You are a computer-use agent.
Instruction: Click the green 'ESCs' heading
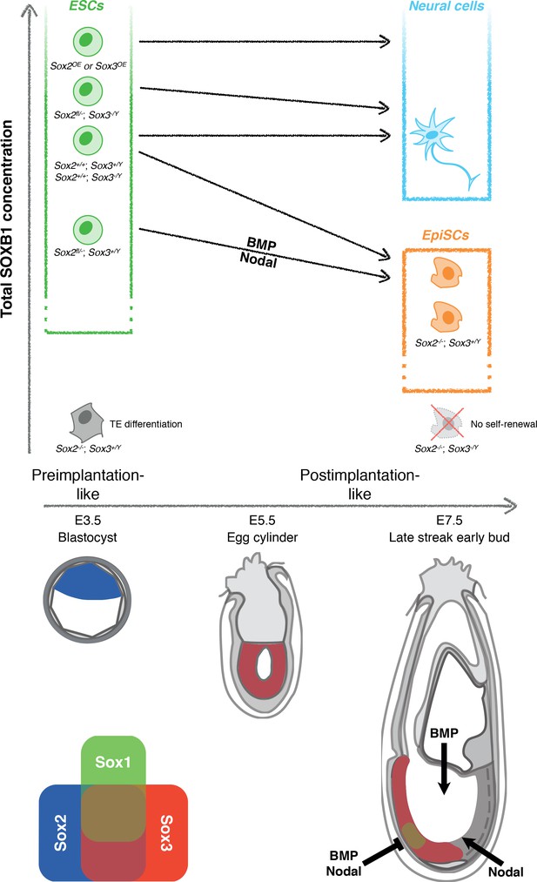pyautogui.click(x=86, y=6)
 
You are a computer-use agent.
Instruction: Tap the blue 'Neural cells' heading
pyautogui.click(x=446, y=7)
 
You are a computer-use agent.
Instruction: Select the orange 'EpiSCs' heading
pyautogui.click(x=446, y=235)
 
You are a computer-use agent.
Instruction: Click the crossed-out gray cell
pyautogui.click(x=447, y=423)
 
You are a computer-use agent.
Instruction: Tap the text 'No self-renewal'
pyautogui.click(x=504, y=423)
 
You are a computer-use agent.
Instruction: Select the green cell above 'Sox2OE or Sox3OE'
pyautogui.click(x=88, y=42)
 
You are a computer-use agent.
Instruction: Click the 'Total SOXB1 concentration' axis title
pyautogui.click(x=7, y=219)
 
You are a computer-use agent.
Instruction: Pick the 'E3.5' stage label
pyautogui.click(x=88, y=520)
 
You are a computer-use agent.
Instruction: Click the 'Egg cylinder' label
pyautogui.click(x=262, y=537)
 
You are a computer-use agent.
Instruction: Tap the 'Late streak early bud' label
pyautogui.click(x=449, y=537)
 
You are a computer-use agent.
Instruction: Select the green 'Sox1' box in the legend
pyautogui.click(x=113, y=760)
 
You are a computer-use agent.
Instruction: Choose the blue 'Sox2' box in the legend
pyautogui.click(x=59, y=832)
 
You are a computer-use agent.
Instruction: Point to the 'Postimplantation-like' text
pyautogui.click(x=359, y=484)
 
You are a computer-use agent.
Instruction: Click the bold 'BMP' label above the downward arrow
pyautogui.click(x=444, y=733)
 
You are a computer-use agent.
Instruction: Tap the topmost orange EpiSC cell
pyautogui.click(x=446, y=273)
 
